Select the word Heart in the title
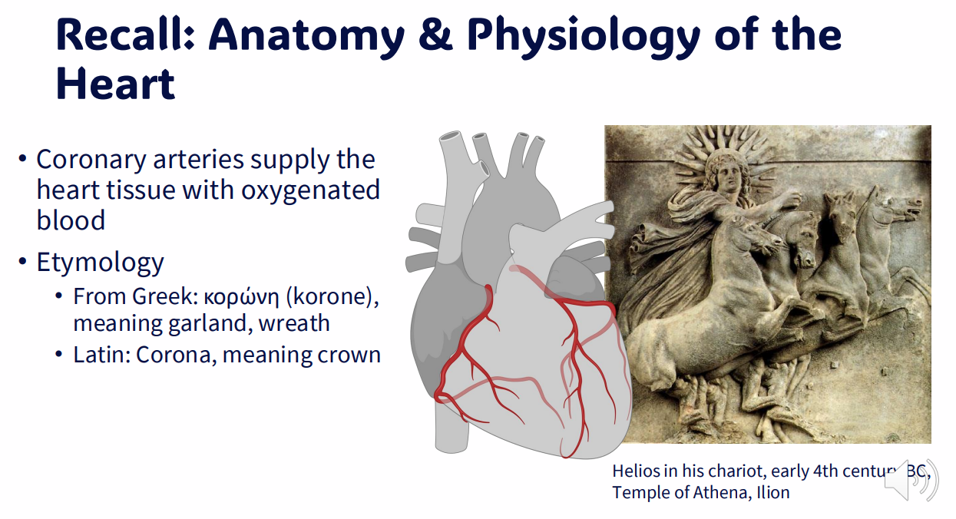(116, 84)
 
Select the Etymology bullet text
(100, 263)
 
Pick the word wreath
(294, 324)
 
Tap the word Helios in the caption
(636, 471)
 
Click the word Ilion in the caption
(772, 492)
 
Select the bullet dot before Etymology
(24, 263)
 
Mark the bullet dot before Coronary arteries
(24, 160)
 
